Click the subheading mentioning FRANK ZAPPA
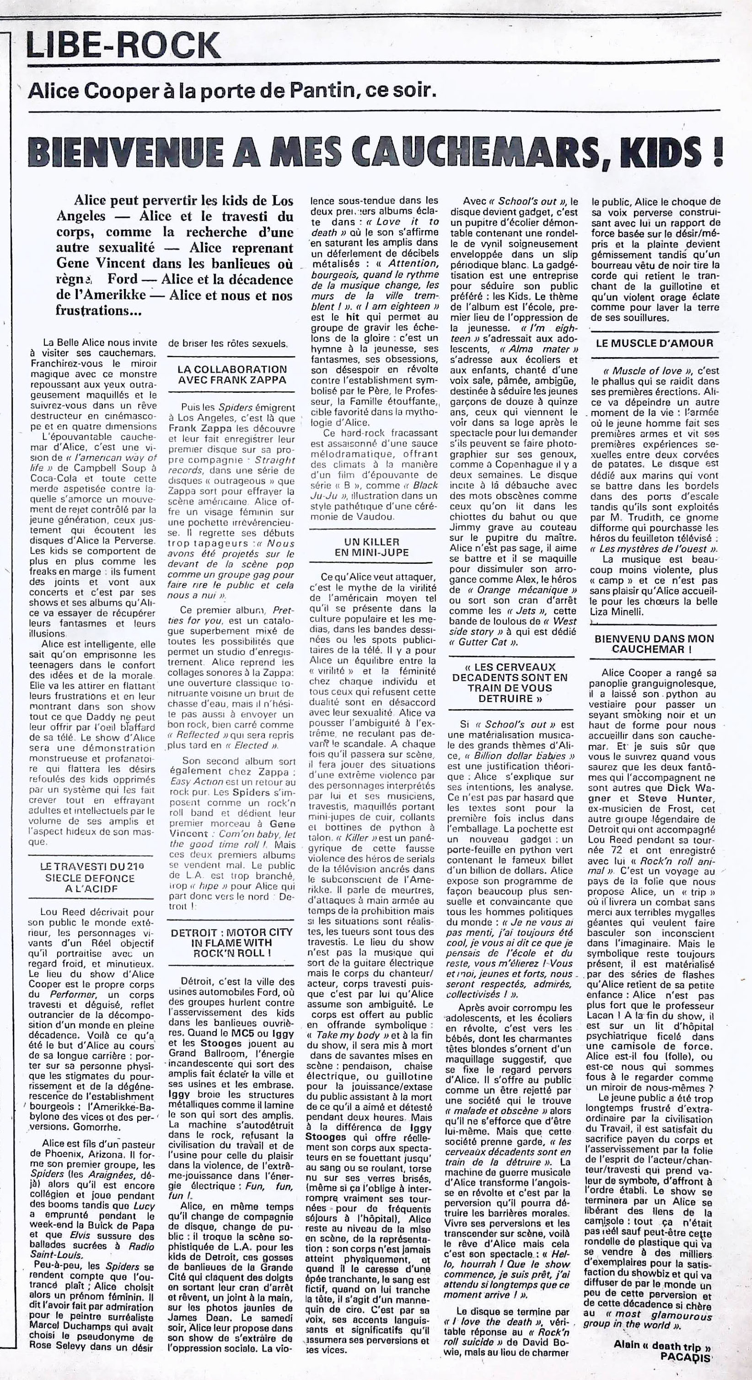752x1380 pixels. (x=232, y=374)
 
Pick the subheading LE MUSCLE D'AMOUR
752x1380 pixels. (x=655, y=343)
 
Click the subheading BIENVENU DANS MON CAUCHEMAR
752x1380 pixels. (x=655, y=644)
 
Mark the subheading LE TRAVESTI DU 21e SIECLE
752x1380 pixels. (x=87, y=878)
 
